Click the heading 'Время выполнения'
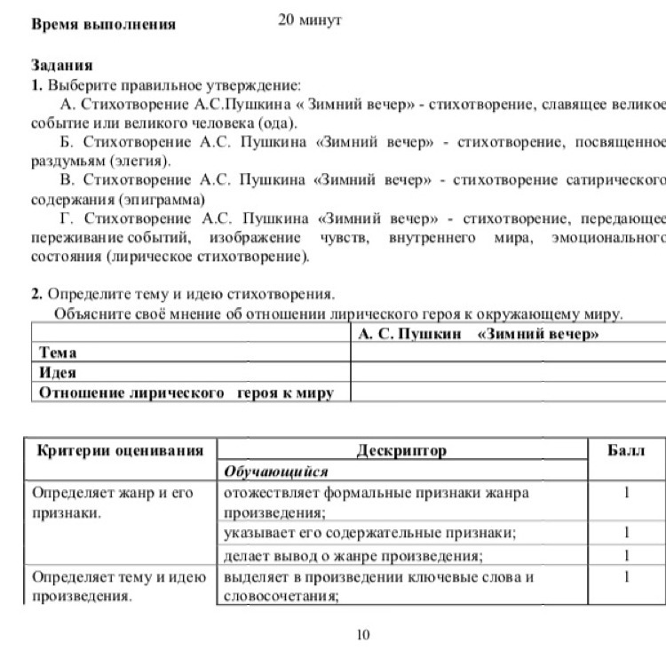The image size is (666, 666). [103, 24]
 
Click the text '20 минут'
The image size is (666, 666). [310, 20]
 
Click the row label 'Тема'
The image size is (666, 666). [58, 353]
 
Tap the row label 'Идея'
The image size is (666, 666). [58, 373]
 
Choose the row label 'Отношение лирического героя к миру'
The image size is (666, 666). [186, 392]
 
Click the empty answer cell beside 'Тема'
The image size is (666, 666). [508, 353]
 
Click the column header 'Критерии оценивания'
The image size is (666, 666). [120, 450]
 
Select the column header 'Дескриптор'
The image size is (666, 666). [401, 450]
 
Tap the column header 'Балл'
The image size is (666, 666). [626, 450]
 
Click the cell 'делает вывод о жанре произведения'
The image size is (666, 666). [353, 556]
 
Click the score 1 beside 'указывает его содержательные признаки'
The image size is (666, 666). [626, 533]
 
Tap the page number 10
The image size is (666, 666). [362, 634]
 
